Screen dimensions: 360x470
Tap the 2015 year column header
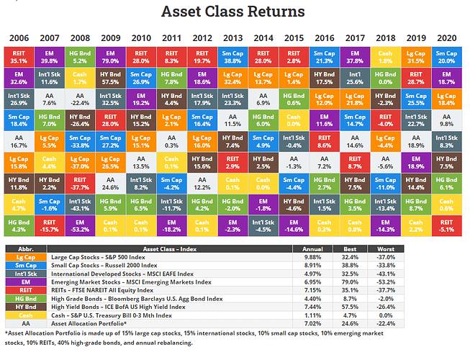[294, 37]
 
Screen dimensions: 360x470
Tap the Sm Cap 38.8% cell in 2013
[233, 57]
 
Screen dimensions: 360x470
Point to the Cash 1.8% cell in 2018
[384, 57]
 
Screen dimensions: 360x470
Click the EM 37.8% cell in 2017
[354, 57]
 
